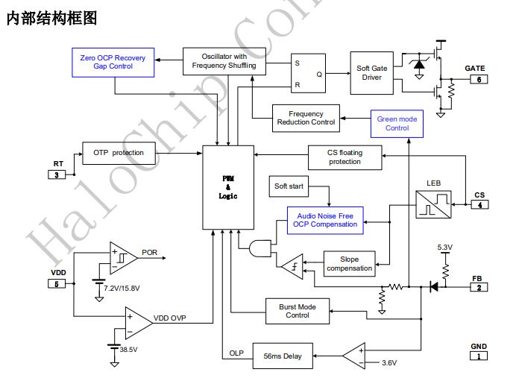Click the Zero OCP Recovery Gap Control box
[x=113, y=62]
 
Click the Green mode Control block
[x=397, y=124]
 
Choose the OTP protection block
[x=119, y=153]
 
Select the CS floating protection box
[x=345, y=157]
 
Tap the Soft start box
[x=289, y=186]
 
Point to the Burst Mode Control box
[x=298, y=311]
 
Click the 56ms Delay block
[x=282, y=356]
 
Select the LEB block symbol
[x=433, y=202]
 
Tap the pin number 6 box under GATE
[x=478, y=79]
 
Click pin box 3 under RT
[x=57, y=174]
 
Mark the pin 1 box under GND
[x=478, y=356]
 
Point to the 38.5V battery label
[x=129, y=349]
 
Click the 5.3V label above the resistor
[x=446, y=247]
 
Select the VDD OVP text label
[x=170, y=318]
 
